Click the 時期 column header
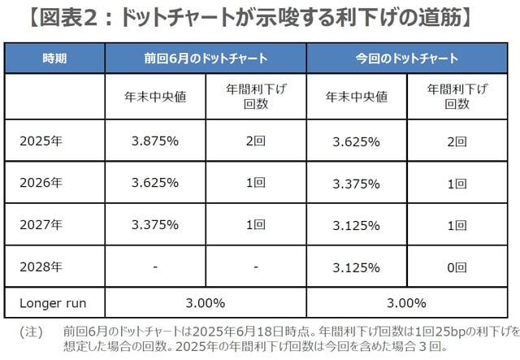pos(55,59)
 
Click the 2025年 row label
pos(41,141)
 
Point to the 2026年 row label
pos(41,183)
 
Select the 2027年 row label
pos(41,225)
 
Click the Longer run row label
pos(53,303)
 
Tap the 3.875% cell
pos(154,141)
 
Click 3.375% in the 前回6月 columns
pos(154,225)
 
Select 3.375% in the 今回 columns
pos(356,183)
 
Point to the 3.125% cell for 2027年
pos(356,225)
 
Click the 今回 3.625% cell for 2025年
pos(356,141)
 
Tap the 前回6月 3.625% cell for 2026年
pos(154,183)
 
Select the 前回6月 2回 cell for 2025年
pos(255,141)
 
